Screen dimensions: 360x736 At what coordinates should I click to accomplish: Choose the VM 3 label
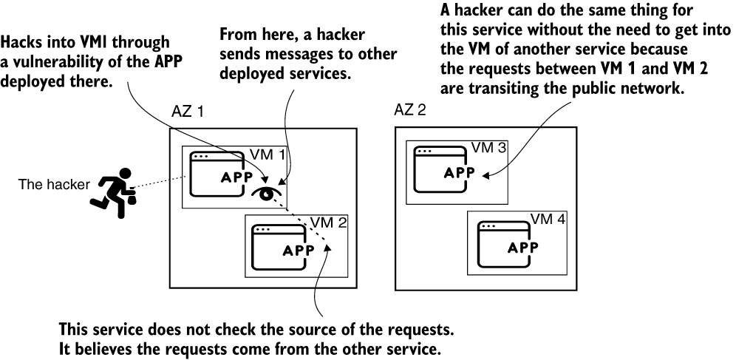click(489, 148)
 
